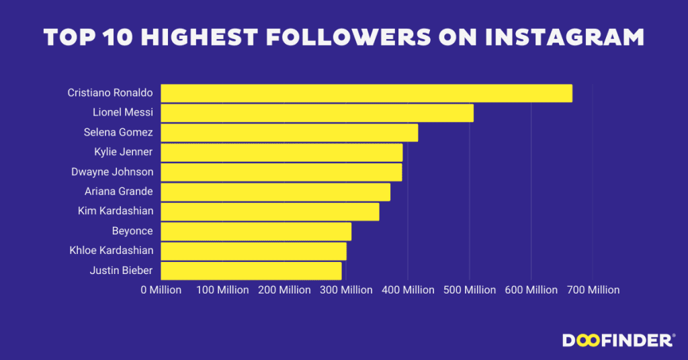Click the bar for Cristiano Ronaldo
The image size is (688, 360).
coord(366,93)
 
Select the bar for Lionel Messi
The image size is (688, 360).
coord(317,113)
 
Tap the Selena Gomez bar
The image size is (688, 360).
coord(289,132)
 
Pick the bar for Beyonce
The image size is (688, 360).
coord(256,231)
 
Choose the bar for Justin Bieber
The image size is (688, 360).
coord(251,271)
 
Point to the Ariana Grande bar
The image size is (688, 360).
coord(275,192)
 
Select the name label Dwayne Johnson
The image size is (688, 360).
coord(112,172)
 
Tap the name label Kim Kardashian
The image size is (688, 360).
coord(116,211)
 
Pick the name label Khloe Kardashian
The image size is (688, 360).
coord(112,251)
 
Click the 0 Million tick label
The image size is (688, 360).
coord(161,290)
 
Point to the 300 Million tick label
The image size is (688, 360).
coord(346,290)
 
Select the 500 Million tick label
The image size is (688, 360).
coord(470,290)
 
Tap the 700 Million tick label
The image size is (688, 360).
coord(593,290)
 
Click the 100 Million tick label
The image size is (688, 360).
coord(222,290)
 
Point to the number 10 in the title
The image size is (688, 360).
coord(125,38)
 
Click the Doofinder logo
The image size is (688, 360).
coord(617,341)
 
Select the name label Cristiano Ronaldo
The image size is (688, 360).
coord(110,93)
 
